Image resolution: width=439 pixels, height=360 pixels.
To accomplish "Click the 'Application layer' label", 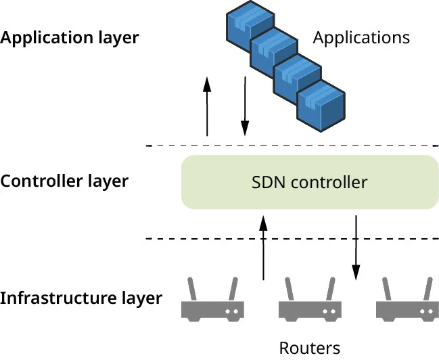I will point(69,37).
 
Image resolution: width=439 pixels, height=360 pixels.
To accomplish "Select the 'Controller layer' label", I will point(64,181).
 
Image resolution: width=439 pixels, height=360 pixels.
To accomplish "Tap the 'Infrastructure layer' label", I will point(81,298).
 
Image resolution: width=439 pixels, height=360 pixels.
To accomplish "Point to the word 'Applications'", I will point(361,37).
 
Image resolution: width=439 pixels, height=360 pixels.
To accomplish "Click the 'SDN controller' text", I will point(310,182).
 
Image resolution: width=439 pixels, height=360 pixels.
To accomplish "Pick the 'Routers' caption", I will point(310,348).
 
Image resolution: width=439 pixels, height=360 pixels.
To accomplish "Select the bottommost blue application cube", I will point(321,106).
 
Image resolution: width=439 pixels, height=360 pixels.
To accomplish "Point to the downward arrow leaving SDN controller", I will point(356,247).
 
